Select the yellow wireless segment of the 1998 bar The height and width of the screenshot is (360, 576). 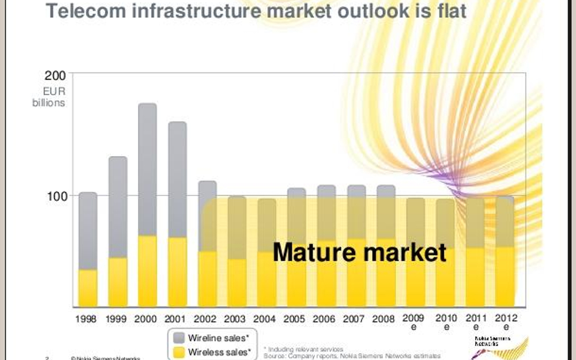(x=88, y=288)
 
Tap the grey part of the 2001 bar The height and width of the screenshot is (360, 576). (x=177, y=179)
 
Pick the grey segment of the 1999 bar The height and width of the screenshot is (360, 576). (x=118, y=206)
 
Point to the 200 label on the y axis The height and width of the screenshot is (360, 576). (x=55, y=76)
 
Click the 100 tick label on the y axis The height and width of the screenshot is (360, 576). (x=55, y=196)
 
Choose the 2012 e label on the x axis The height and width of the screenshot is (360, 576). (x=506, y=322)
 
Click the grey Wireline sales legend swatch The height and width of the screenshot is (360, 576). (x=179, y=338)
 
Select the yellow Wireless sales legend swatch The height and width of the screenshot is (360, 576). (x=179, y=352)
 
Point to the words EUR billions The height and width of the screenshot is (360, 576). (x=49, y=97)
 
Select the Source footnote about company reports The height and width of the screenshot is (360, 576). (x=352, y=356)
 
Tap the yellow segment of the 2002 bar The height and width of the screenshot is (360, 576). (x=207, y=279)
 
